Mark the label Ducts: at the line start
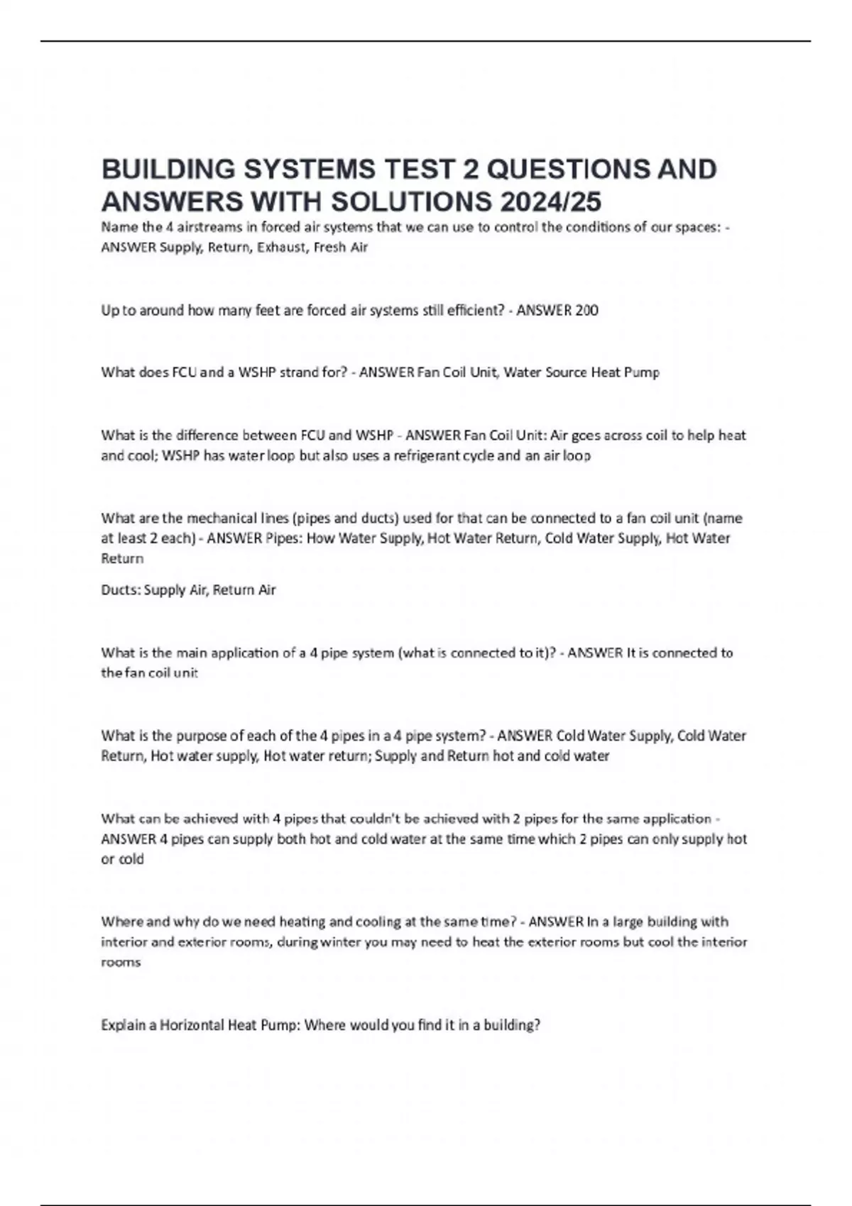[x=121, y=590]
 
